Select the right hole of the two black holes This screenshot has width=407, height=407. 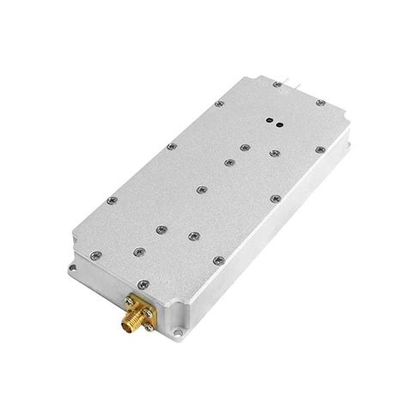coord(281,125)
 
